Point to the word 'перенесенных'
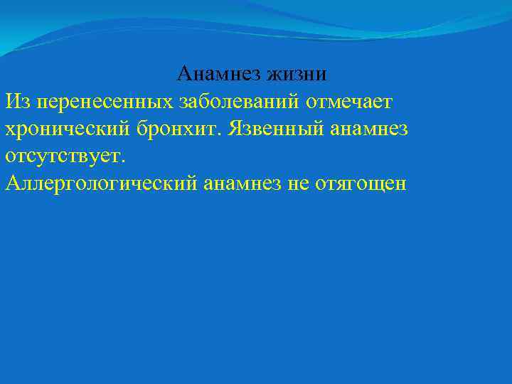click(x=99, y=102)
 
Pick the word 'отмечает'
click(x=349, y=102)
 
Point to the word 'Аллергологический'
click(x=100, y=183)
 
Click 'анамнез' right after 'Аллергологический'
click(x=240, y=183)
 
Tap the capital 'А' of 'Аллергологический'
click(x=12, y=183)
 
